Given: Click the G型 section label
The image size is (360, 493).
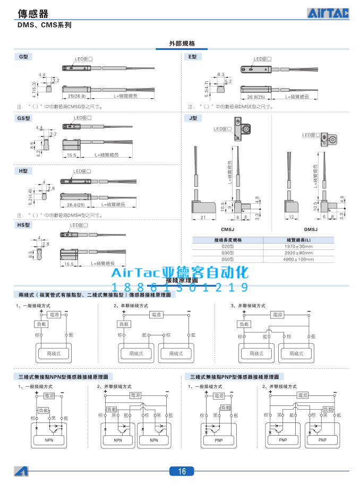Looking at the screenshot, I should pyautogui.click(x=24, y=57).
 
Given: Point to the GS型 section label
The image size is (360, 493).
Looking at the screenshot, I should pyautogui.click(x=25, y=119).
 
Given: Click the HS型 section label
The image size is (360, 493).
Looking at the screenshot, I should pyautogui.click(x=25, y=226).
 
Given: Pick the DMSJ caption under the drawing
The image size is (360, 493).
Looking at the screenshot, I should pyautogui.click(x=310, y=229).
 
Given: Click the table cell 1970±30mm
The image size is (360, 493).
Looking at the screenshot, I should pyautogui.click(x=298, y=247).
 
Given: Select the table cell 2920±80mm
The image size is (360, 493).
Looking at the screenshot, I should pyautogui.click(x=298, y=253).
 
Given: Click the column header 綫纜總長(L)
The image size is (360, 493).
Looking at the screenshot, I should pyautogui.click(x=298, y=240).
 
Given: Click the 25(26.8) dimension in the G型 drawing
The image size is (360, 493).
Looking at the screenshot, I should pyautogui.click(x=77, y=96).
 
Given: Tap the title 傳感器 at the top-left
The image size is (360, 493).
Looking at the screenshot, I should pyautogui.click(x=33, y=14).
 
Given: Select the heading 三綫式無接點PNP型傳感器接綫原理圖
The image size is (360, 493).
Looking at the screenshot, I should pyautogui.click(x=234, y=376).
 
